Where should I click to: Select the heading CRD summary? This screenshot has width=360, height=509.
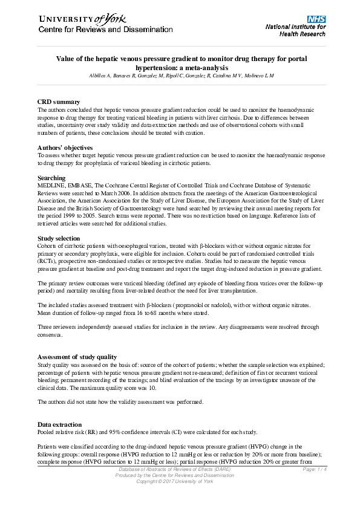point(59,102)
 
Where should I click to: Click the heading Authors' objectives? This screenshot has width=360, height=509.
point(65,148)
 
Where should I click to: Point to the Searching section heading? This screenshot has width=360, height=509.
point(52,178)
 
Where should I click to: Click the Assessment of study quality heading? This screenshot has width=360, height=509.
point(77,357)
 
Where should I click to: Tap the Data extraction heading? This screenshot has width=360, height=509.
point(59,425)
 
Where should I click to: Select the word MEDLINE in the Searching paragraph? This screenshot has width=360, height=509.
point(51,185)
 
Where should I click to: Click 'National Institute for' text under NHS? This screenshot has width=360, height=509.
point(296,27)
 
